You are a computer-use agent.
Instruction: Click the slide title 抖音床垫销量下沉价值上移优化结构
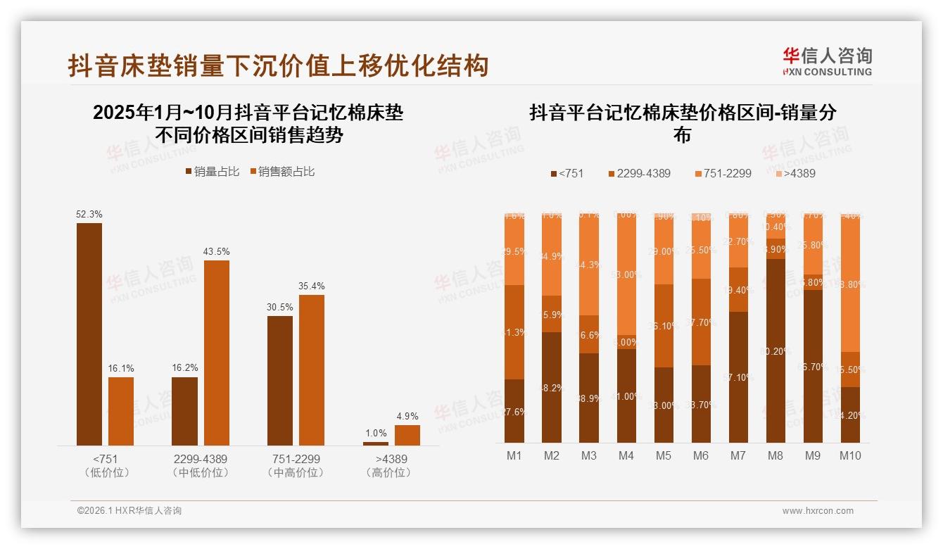tap(278, 66)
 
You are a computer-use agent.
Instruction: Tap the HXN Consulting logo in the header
tap(827, 61)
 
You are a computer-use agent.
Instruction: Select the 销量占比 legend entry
tap(212, 171)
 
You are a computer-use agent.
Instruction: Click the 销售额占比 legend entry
tap(281, 171)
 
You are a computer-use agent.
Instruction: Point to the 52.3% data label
tap(89, 214)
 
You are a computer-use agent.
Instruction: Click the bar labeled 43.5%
tap(217, 352)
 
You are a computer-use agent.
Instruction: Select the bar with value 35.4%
tap(312, 370)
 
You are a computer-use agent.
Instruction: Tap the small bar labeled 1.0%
tap(376, 443)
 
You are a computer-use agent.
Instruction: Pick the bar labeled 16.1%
tap(121, 411)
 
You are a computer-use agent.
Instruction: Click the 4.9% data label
tap(407, 416)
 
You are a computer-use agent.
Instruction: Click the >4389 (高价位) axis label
tap(388, 465)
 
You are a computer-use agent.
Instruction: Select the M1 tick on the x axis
tap(514, 455)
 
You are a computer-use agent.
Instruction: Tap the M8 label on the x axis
tap(775, 455)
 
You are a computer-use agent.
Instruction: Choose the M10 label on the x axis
tap(850, 455)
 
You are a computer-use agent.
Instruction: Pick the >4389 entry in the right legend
tap(795, 173)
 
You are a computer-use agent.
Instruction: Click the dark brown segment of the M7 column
tap(738, 377)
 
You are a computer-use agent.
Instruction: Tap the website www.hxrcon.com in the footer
tap(818, 511)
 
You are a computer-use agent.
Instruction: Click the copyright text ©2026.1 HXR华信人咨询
tap(129, 511)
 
